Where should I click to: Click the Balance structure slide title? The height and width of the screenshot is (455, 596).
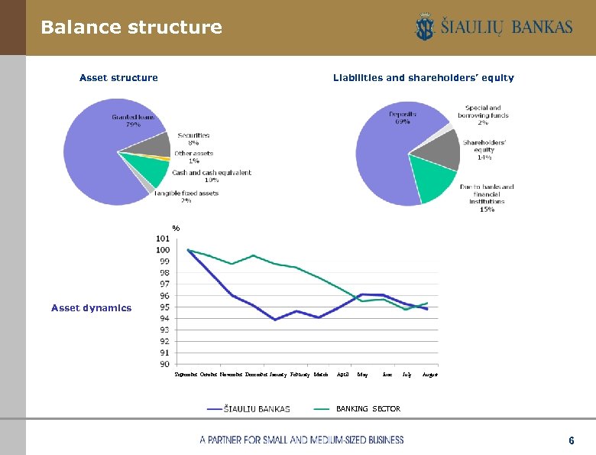click(131, 28)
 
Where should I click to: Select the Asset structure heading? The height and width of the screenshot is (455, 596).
click(118, 77)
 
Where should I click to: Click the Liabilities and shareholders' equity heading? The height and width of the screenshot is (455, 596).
click(423, 77)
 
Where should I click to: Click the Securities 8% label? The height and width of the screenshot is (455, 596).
click(188, 139)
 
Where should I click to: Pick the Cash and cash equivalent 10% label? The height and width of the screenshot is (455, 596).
click(212, 176)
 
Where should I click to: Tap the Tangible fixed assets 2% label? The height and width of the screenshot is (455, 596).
click(186, 197)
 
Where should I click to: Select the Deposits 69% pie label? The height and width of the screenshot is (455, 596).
click(403, 117)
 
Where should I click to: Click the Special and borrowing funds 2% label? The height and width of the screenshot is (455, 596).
click(483, 115)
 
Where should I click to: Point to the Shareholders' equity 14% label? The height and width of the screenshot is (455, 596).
click(484, 150)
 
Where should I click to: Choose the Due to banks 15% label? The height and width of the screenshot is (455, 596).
click(487, 197)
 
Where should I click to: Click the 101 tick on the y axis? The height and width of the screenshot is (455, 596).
click(163, 239)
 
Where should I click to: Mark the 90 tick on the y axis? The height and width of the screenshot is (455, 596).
click(164, 365)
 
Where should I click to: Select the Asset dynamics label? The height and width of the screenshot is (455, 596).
click(91, 308)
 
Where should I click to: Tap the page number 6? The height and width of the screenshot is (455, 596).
click(571, 441)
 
